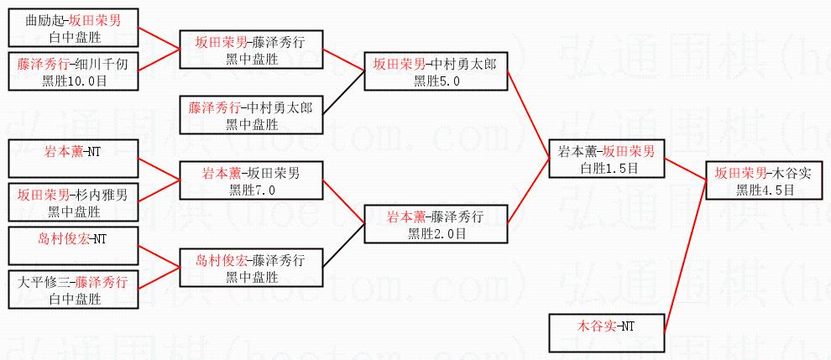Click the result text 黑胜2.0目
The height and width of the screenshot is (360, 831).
[x=436, y=233]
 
